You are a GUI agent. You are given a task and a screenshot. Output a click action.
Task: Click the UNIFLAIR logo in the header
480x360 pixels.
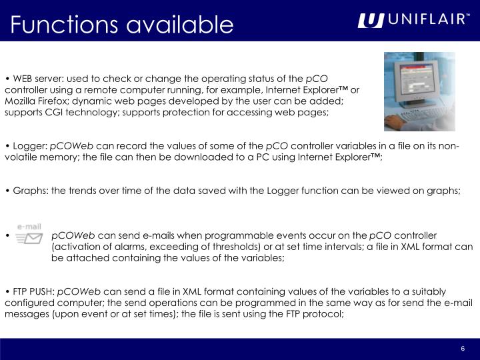tap(413, 21)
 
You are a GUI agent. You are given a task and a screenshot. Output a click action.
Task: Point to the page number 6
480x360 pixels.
tap(462, 350)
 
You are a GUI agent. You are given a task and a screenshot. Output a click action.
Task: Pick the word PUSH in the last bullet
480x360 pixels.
tap(43, 292)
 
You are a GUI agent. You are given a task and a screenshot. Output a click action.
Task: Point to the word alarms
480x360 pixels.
tap(135, 246)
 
